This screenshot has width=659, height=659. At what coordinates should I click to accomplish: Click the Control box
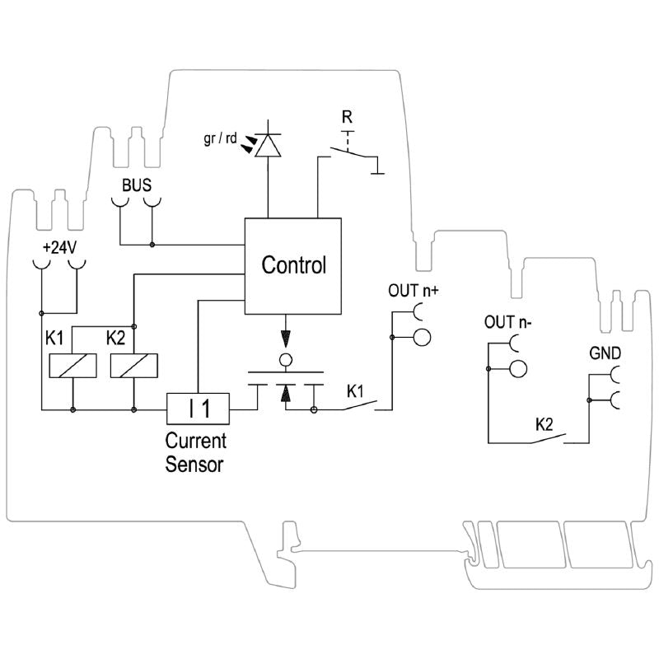[x=292, y=266]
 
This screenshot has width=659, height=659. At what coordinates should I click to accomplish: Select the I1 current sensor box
[x=198, y=407]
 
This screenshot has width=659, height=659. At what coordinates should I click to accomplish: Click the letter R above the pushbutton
[x=347, y=115]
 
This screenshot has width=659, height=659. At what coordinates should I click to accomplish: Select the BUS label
[x=137, y=185]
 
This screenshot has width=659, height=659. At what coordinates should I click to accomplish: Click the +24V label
[x=58, y=246]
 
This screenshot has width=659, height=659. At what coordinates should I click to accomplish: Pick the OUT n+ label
[x=414, y=290]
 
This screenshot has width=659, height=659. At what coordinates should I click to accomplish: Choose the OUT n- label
[x=507, y=322]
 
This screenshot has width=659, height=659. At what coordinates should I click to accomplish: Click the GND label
[x=605, y=354]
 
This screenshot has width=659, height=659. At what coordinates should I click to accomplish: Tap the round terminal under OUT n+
[x=422, y=336]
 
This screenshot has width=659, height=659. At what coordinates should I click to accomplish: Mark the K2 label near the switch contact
[x=544, y=425]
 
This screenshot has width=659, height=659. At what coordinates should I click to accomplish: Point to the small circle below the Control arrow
[x=286, y=360]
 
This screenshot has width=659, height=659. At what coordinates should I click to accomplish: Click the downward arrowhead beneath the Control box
[x=286, y=338]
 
